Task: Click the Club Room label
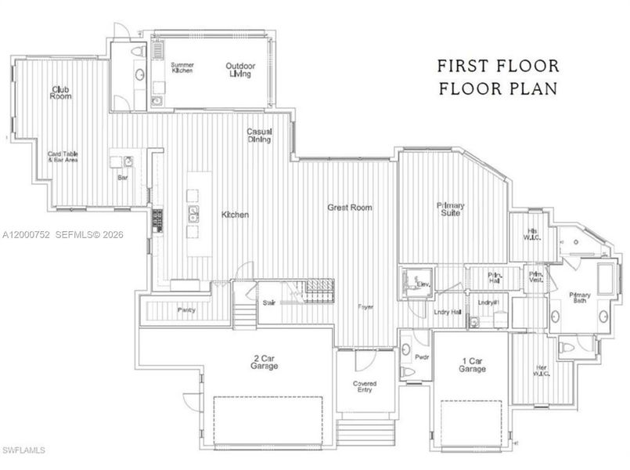click(x=62, y=92)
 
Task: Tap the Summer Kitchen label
click(x=182, y=67)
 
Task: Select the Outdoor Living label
click(x=240, y=69)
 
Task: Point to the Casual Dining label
click(x=259, y=136)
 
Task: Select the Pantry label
click(x=186, y=310)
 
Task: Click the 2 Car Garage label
click(x=265, y=361)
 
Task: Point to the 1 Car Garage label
click(x=473, y=364)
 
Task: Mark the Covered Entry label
click(x=364, y=387)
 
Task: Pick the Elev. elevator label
click(x=423, y=284)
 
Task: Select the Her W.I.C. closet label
click(x=542, y=371)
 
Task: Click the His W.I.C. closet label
click(x=534, y=234)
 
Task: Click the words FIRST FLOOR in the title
click(x=498, y=65)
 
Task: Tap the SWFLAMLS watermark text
click(x=24, y=450)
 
